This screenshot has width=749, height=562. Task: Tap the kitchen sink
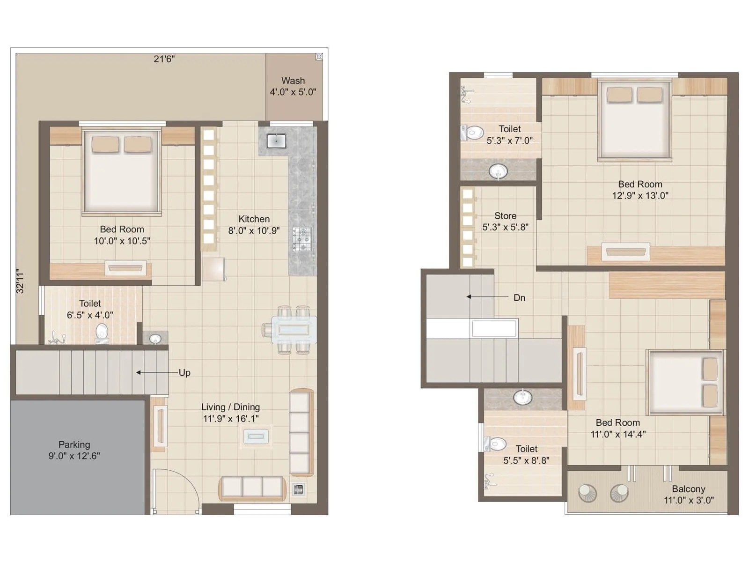point(276,140)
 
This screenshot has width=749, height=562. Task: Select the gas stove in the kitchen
point(302,239)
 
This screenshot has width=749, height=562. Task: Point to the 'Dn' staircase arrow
point(487,297)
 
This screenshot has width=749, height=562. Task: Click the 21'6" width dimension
point(164,59)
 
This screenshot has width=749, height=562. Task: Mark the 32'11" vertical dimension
point(20,281)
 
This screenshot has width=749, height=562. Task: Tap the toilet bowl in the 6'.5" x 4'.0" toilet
point(102,332)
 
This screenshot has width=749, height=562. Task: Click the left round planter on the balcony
point(587,493)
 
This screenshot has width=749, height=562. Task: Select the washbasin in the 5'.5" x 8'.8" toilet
point(522,398)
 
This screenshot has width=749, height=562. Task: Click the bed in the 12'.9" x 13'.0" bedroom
point(634,122)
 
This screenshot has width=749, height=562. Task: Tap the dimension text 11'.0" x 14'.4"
point(618,434)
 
